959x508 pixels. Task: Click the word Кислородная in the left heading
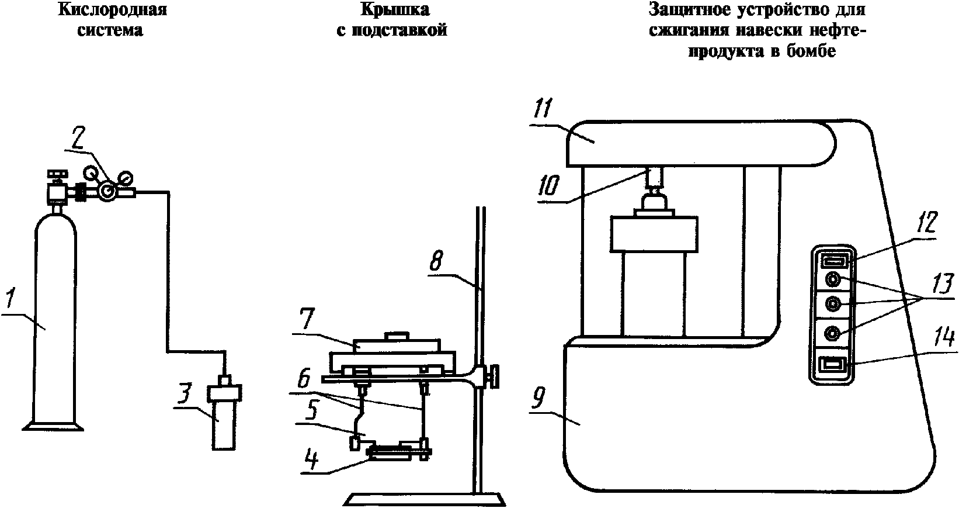point(112,10)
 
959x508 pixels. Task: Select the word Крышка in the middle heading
point(395,9)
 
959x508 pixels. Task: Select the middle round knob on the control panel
point(832,305)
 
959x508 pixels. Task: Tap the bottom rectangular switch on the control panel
point(832,365)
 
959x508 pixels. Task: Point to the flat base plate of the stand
point(425,500)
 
